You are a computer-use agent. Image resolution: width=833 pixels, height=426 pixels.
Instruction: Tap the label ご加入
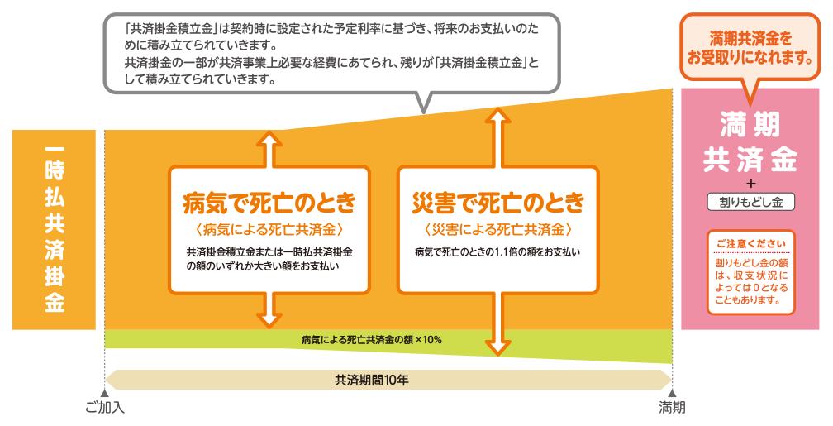pos(105,408)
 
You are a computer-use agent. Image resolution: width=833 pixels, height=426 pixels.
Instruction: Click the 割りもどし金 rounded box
pos(751,201)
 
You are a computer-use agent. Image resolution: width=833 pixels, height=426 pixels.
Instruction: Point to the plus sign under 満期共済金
pos(751,183)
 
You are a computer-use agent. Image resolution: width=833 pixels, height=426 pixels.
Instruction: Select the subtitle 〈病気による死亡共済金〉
pos(269,228)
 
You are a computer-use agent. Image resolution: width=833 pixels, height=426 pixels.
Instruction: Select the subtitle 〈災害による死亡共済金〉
pos(497,228)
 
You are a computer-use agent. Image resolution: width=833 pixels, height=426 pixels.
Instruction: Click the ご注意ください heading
pos(751,244)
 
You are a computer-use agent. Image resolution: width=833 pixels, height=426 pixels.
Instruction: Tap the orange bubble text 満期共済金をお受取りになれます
pos(750,49)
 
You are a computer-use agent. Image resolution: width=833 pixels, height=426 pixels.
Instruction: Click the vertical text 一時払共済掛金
pos(55,229)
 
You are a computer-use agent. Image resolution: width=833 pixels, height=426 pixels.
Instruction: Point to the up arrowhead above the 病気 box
pos(269,138)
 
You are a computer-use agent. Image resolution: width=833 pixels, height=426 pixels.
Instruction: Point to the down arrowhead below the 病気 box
pos(269,319)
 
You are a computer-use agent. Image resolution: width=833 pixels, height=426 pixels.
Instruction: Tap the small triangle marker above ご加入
pos(105,394)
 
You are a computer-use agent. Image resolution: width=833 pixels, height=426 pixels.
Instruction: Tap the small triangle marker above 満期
pos(673,394)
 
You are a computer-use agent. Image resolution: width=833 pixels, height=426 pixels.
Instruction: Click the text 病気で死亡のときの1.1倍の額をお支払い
pos(497,251)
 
